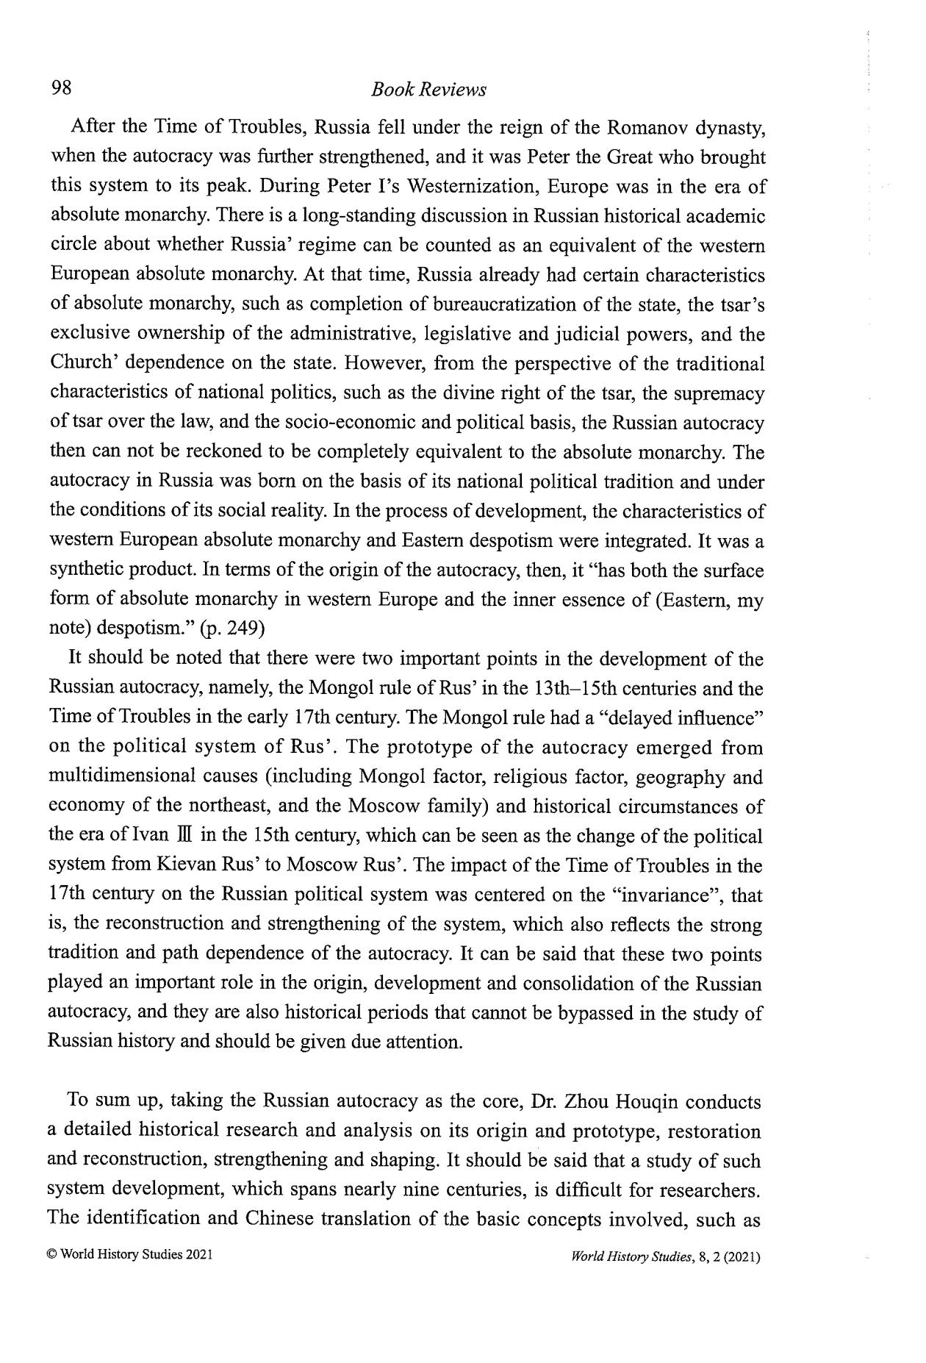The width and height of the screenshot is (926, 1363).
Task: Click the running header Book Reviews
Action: point(428,90)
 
